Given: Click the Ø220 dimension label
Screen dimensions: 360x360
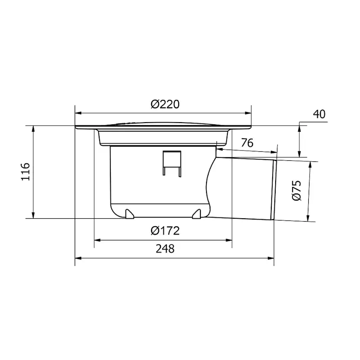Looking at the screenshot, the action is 165,104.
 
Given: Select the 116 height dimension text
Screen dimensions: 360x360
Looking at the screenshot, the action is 26,172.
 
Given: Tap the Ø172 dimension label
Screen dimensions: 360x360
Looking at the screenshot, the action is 165,231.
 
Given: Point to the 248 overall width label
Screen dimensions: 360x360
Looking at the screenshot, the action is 165,249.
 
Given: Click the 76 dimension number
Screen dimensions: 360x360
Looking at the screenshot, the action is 247,143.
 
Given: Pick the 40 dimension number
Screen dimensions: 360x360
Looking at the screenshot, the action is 319,114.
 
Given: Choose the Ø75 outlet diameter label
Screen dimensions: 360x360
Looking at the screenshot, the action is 297,190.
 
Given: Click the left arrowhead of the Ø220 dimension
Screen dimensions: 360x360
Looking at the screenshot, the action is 78,113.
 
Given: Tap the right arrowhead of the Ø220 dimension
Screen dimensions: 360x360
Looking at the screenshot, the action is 248,113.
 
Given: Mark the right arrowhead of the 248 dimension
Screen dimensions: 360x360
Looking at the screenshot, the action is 271,258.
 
